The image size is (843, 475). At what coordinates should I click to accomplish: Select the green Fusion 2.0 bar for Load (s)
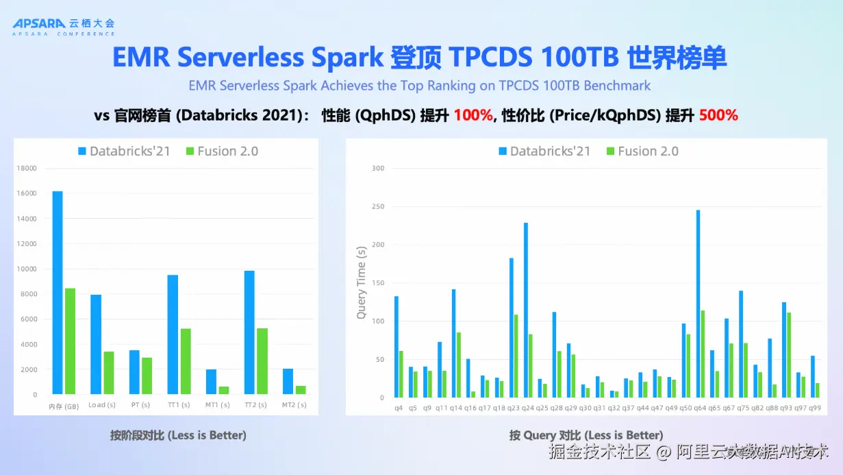pyautogui.click(x=109, y=373)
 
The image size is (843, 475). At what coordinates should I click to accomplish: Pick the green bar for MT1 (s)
pyautogui.click(x=224, y=390)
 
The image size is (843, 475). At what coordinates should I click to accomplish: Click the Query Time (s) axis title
pyautogui.click(x=361, y=283)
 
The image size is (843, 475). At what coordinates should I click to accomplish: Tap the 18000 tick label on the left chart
pyautogui.click(x=27, y=168)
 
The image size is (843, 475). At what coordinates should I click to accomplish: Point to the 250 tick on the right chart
pyautogui.click(x=378, y=206)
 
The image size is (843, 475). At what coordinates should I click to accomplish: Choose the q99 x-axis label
pyautogui.click(x=814, y=408)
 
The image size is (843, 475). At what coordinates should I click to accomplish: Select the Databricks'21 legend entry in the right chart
pyautogui.click(x=544, y=151)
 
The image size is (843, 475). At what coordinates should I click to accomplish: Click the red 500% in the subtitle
pyautogui.click(x=718, y=116)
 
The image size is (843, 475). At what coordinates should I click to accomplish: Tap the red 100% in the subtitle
pyautogui.click(x=473, y=116)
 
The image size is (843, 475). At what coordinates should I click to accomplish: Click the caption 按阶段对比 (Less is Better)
pyautogui.click(x=178, y=435)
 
